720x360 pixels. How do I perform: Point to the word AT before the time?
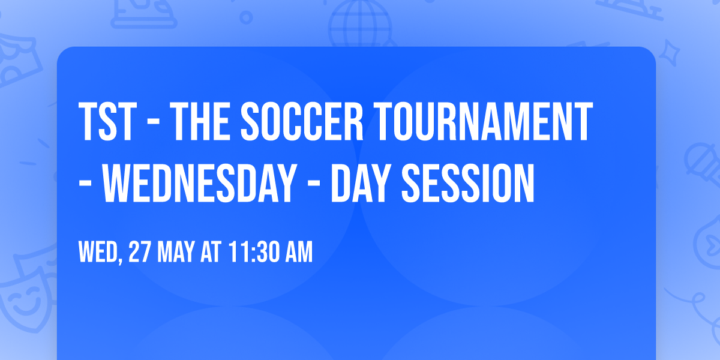211,253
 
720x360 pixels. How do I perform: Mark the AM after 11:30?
298,253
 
